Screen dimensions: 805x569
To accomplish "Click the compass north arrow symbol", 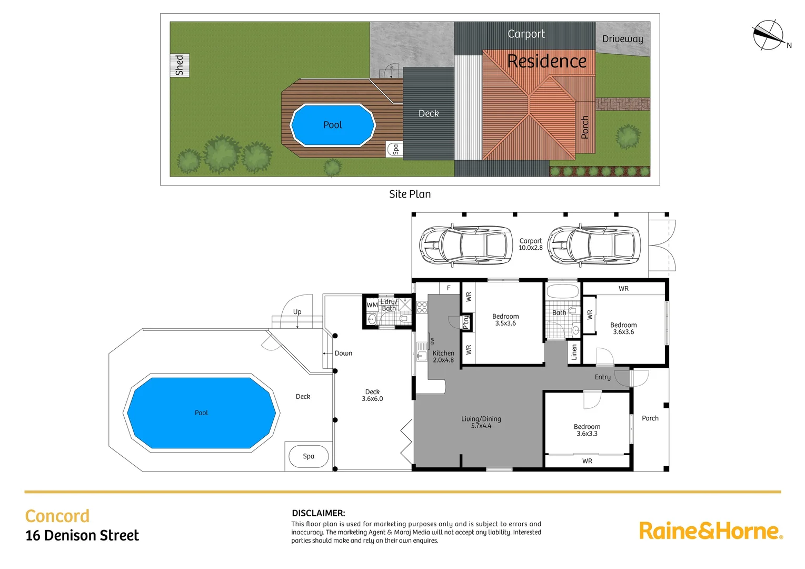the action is pos(769,35).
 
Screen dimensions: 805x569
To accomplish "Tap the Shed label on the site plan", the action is pos(180,65).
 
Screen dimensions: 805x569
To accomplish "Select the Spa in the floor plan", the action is pos(309,456).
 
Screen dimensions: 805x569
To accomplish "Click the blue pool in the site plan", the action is pos(333,125).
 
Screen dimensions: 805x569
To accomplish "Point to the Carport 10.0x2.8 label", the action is pos(531,244).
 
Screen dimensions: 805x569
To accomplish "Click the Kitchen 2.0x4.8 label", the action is pos(443,357).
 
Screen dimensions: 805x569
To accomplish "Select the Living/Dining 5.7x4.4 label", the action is pos(481,422).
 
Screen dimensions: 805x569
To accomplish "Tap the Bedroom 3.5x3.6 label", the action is pos(505,320).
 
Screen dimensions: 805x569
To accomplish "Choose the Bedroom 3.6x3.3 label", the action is pos(587,430).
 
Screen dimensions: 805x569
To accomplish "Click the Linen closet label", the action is pos(574,352).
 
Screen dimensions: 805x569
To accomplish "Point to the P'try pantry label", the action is pos(466,322).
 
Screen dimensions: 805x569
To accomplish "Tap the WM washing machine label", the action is pos(372,305).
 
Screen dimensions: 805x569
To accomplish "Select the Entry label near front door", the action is pos(602,377).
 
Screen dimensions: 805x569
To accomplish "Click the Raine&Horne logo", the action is pos(711,531).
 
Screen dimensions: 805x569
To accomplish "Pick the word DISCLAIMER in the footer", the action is pos(318,513).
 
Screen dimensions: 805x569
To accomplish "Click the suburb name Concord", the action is pos(57,516).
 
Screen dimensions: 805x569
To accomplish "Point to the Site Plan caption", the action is pos(410,194).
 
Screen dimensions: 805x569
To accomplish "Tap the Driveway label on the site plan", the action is pos(622,39).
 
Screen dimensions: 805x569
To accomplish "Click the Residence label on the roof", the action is pos(546,61).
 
